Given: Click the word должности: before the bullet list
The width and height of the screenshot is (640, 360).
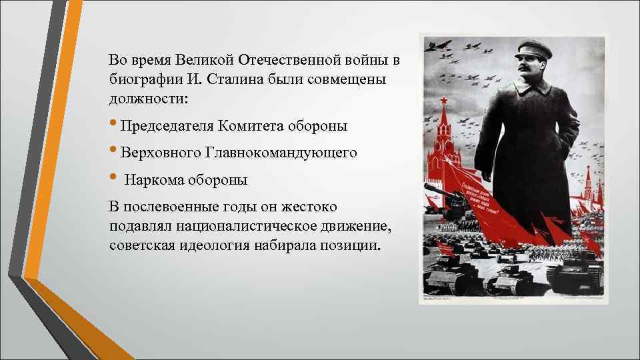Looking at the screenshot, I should (149, 99).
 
